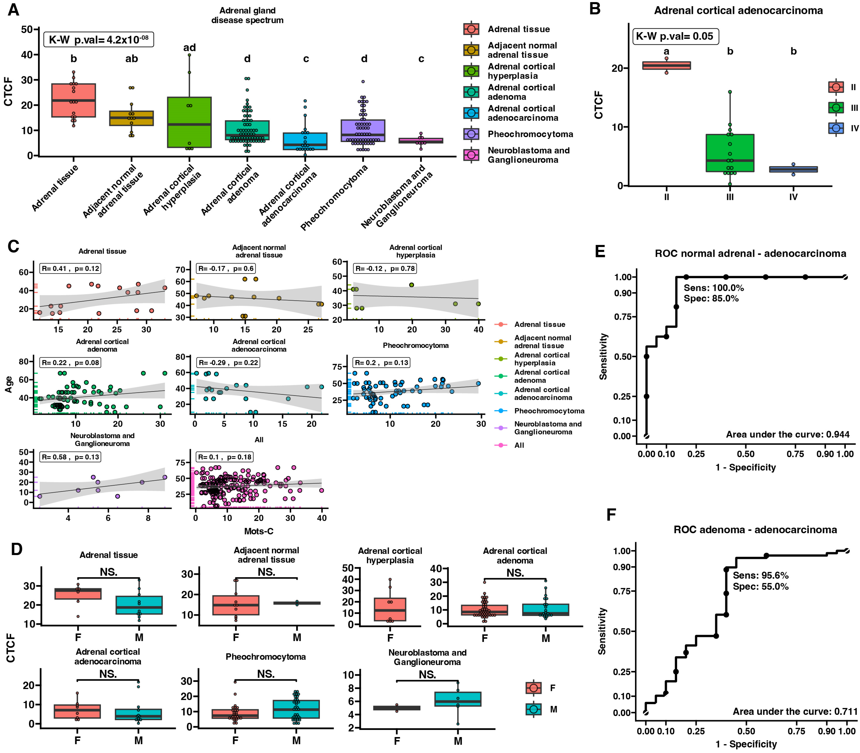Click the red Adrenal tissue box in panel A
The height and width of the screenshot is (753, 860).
74,100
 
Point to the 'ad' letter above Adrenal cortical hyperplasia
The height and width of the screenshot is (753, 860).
190,47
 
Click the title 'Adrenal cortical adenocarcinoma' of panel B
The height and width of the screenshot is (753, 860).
738,10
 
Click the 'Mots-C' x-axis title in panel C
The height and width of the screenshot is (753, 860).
259,531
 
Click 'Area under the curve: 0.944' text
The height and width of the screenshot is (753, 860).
787,435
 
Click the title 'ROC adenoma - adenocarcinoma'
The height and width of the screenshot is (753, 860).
755,529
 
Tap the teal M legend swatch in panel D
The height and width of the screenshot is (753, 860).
533,709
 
